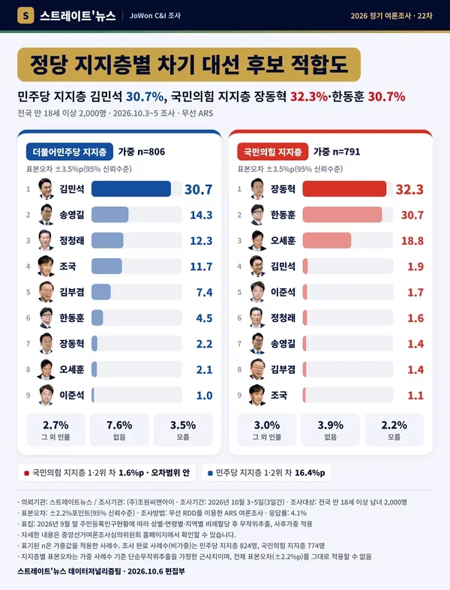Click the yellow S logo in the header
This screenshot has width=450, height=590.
click(25, 16)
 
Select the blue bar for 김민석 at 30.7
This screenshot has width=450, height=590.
click(130, 189)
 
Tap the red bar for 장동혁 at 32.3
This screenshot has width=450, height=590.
click(344, 189)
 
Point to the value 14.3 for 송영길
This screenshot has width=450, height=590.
click(201, 215)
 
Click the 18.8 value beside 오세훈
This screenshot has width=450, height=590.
click(412, 241)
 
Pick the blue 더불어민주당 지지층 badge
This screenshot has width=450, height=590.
click(70, 152)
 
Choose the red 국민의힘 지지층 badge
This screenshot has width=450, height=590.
click(272, 152)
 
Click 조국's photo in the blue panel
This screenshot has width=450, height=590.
click(46, 266)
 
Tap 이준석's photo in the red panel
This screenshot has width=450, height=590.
click(257, 291)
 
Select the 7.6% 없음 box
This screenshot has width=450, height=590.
click(119, 429)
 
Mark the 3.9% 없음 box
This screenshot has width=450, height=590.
click(331, 429)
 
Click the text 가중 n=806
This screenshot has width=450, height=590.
click(141, 152)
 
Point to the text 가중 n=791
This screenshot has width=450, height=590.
click(337, 152)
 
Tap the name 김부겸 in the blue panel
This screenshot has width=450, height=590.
click(72, 292)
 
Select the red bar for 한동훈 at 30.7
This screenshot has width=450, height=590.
click(342, 215)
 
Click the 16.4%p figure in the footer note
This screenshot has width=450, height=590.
click(310, 473)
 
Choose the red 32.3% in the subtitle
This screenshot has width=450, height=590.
click(309, 97)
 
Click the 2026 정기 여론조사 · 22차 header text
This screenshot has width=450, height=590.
click(391, 16)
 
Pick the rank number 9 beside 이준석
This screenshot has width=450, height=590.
click(28, 395)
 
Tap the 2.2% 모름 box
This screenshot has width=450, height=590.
click(394, 429)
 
